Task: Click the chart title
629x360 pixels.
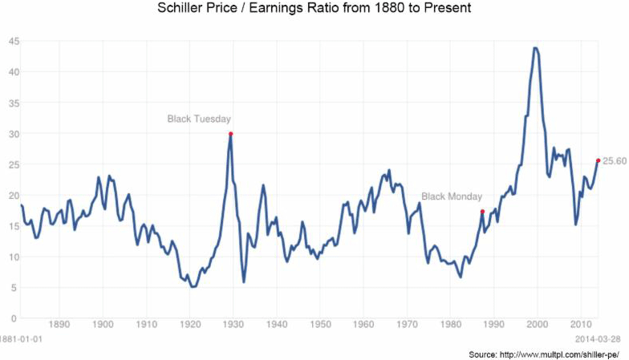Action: click(314, 10)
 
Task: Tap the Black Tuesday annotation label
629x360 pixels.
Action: click(199, 119)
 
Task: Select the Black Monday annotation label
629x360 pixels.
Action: click(452, 196)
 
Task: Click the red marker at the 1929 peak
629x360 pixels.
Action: click(231, 134)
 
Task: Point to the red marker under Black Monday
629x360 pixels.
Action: click(482, 212)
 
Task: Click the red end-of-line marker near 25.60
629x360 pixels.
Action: click(598, 160)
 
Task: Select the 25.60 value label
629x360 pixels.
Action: click(615, 161)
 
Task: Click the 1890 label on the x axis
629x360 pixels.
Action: click(59, 325)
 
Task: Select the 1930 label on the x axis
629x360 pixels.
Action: click(232, 325)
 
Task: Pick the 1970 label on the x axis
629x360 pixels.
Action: click(407, 325)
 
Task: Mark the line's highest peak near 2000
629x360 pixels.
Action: click(535, 48)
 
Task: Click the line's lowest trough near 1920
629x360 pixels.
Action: click(192, 286)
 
